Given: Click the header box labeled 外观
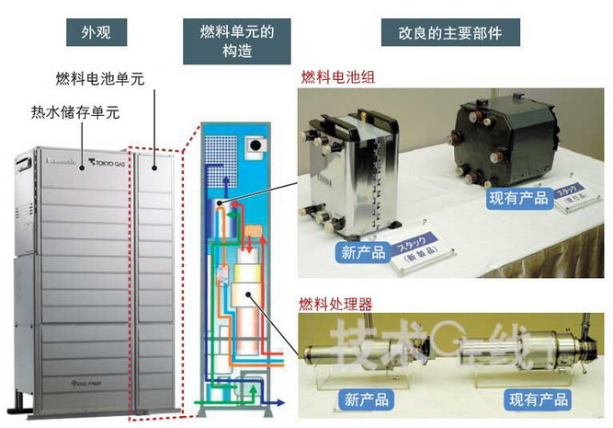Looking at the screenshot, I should [96, 35].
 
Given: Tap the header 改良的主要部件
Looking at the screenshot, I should [449, 35].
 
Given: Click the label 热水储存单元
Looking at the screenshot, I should [74, 113].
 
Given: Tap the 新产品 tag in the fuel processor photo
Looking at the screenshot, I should [366, 399].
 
